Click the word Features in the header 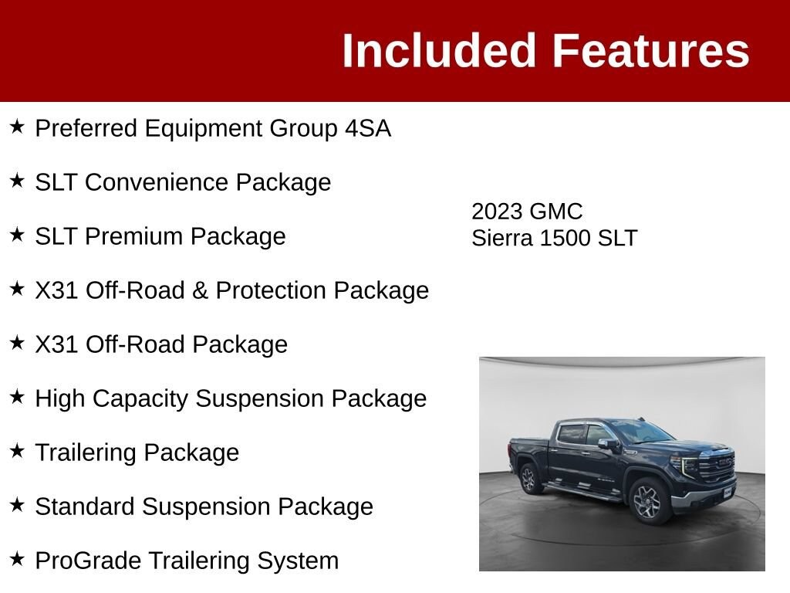point(651,50)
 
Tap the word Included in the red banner point(438,50)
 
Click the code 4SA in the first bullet point(368,128)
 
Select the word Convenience point(157,182)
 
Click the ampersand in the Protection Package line point(200,290)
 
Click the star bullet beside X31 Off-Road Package point(17,343)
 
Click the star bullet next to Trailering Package point(17,451)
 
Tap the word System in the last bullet point(298,561)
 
